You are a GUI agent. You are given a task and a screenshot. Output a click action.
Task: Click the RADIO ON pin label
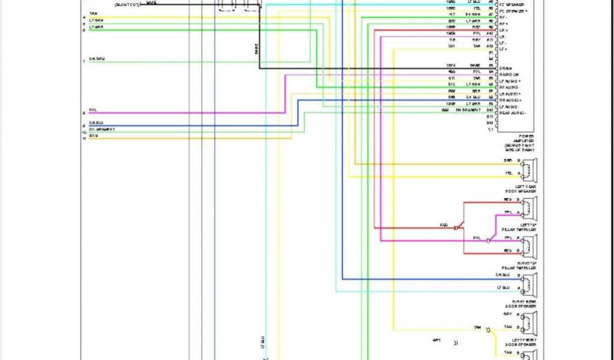coord(508,74)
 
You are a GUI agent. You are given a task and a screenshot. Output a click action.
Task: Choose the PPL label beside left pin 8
coord(93,110)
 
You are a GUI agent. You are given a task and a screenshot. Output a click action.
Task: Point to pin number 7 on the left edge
coord(84,62)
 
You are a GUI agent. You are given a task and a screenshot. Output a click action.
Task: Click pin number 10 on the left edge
coord(84,132)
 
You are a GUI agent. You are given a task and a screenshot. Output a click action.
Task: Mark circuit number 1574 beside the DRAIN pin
coord(450,65)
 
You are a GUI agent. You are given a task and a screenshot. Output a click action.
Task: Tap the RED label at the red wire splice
coord(444,225)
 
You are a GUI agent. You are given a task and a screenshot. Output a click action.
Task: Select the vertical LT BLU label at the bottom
coord(262,343)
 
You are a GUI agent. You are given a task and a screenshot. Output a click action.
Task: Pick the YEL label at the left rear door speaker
coord(508,173)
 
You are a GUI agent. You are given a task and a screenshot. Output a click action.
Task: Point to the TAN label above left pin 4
coord(93,14)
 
